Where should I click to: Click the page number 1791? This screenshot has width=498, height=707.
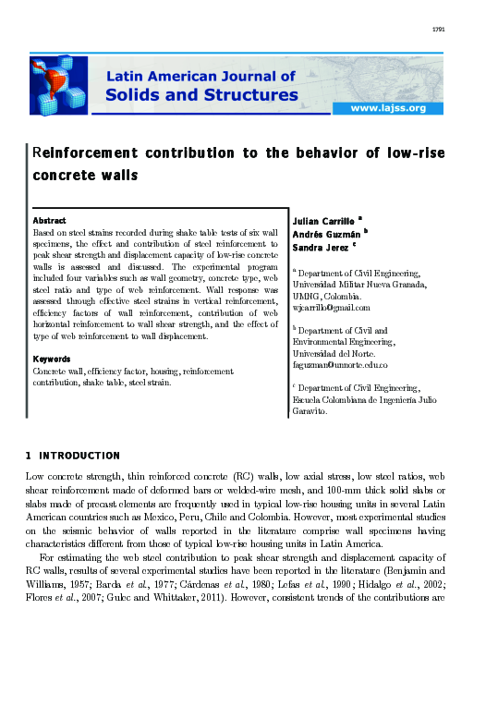point(439,30)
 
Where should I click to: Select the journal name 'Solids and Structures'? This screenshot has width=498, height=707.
point(202,94)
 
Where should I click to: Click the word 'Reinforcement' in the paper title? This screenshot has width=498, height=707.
point(83,153)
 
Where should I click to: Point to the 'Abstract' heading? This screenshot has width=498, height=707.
point(49,221)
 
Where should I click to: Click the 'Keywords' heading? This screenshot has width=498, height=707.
point(52,359)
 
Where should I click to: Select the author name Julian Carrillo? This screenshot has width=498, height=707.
point(323,223)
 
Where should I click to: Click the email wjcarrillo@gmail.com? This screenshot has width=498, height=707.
point(330,308)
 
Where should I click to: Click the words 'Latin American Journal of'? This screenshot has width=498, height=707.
point(202,77)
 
